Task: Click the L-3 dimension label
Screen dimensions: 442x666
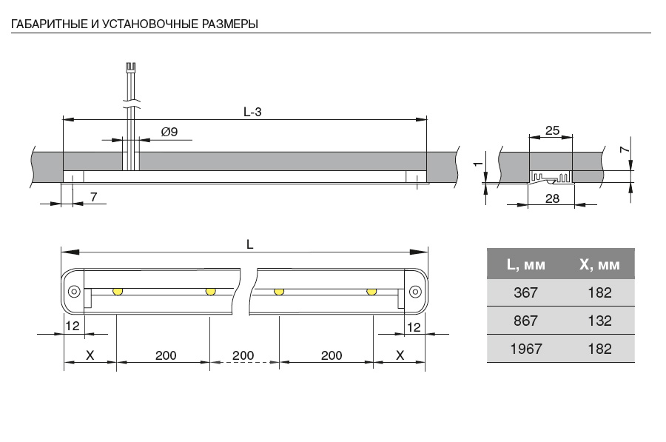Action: [x=252, y=112]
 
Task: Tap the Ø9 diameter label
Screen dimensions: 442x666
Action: [x=169, y=133]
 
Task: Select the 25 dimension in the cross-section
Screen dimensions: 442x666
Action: [x=552, y=130]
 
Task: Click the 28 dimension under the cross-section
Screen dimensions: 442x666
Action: [x=551, y=198]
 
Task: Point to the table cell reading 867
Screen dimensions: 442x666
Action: [x=526, y=321]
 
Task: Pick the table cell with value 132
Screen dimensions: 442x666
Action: [x=600, y=321]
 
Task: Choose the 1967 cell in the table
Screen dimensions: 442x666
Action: [x=526, y=349]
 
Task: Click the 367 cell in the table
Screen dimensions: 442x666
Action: [x=526, y=292]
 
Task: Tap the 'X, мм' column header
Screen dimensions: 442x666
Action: [x=600, y=264]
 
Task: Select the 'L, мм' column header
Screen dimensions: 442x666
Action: [x=526, y=264]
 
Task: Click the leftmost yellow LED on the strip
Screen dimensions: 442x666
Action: [x=117, y=291]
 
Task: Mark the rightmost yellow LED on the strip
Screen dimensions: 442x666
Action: [x=371, y=291]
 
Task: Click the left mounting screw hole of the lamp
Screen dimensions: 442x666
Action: [x=74, y=291]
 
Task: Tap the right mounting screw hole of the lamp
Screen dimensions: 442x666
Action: [x=415, y=291]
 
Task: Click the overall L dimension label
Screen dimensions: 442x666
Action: [x=249, y=244]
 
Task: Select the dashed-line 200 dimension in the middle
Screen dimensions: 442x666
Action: [x=243, y=355]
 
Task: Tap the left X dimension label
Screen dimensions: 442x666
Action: [x=90, y=355]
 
